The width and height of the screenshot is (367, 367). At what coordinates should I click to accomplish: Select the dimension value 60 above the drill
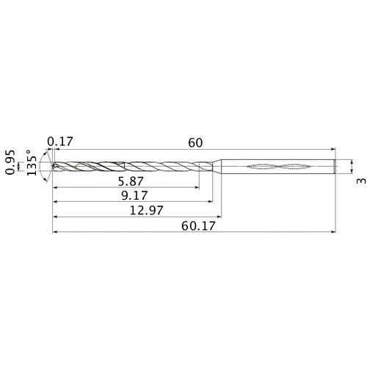pos(195,142)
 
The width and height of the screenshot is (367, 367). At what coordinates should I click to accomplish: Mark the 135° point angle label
pos(32,167)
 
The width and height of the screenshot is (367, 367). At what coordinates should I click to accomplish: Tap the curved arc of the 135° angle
pos(46,167)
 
